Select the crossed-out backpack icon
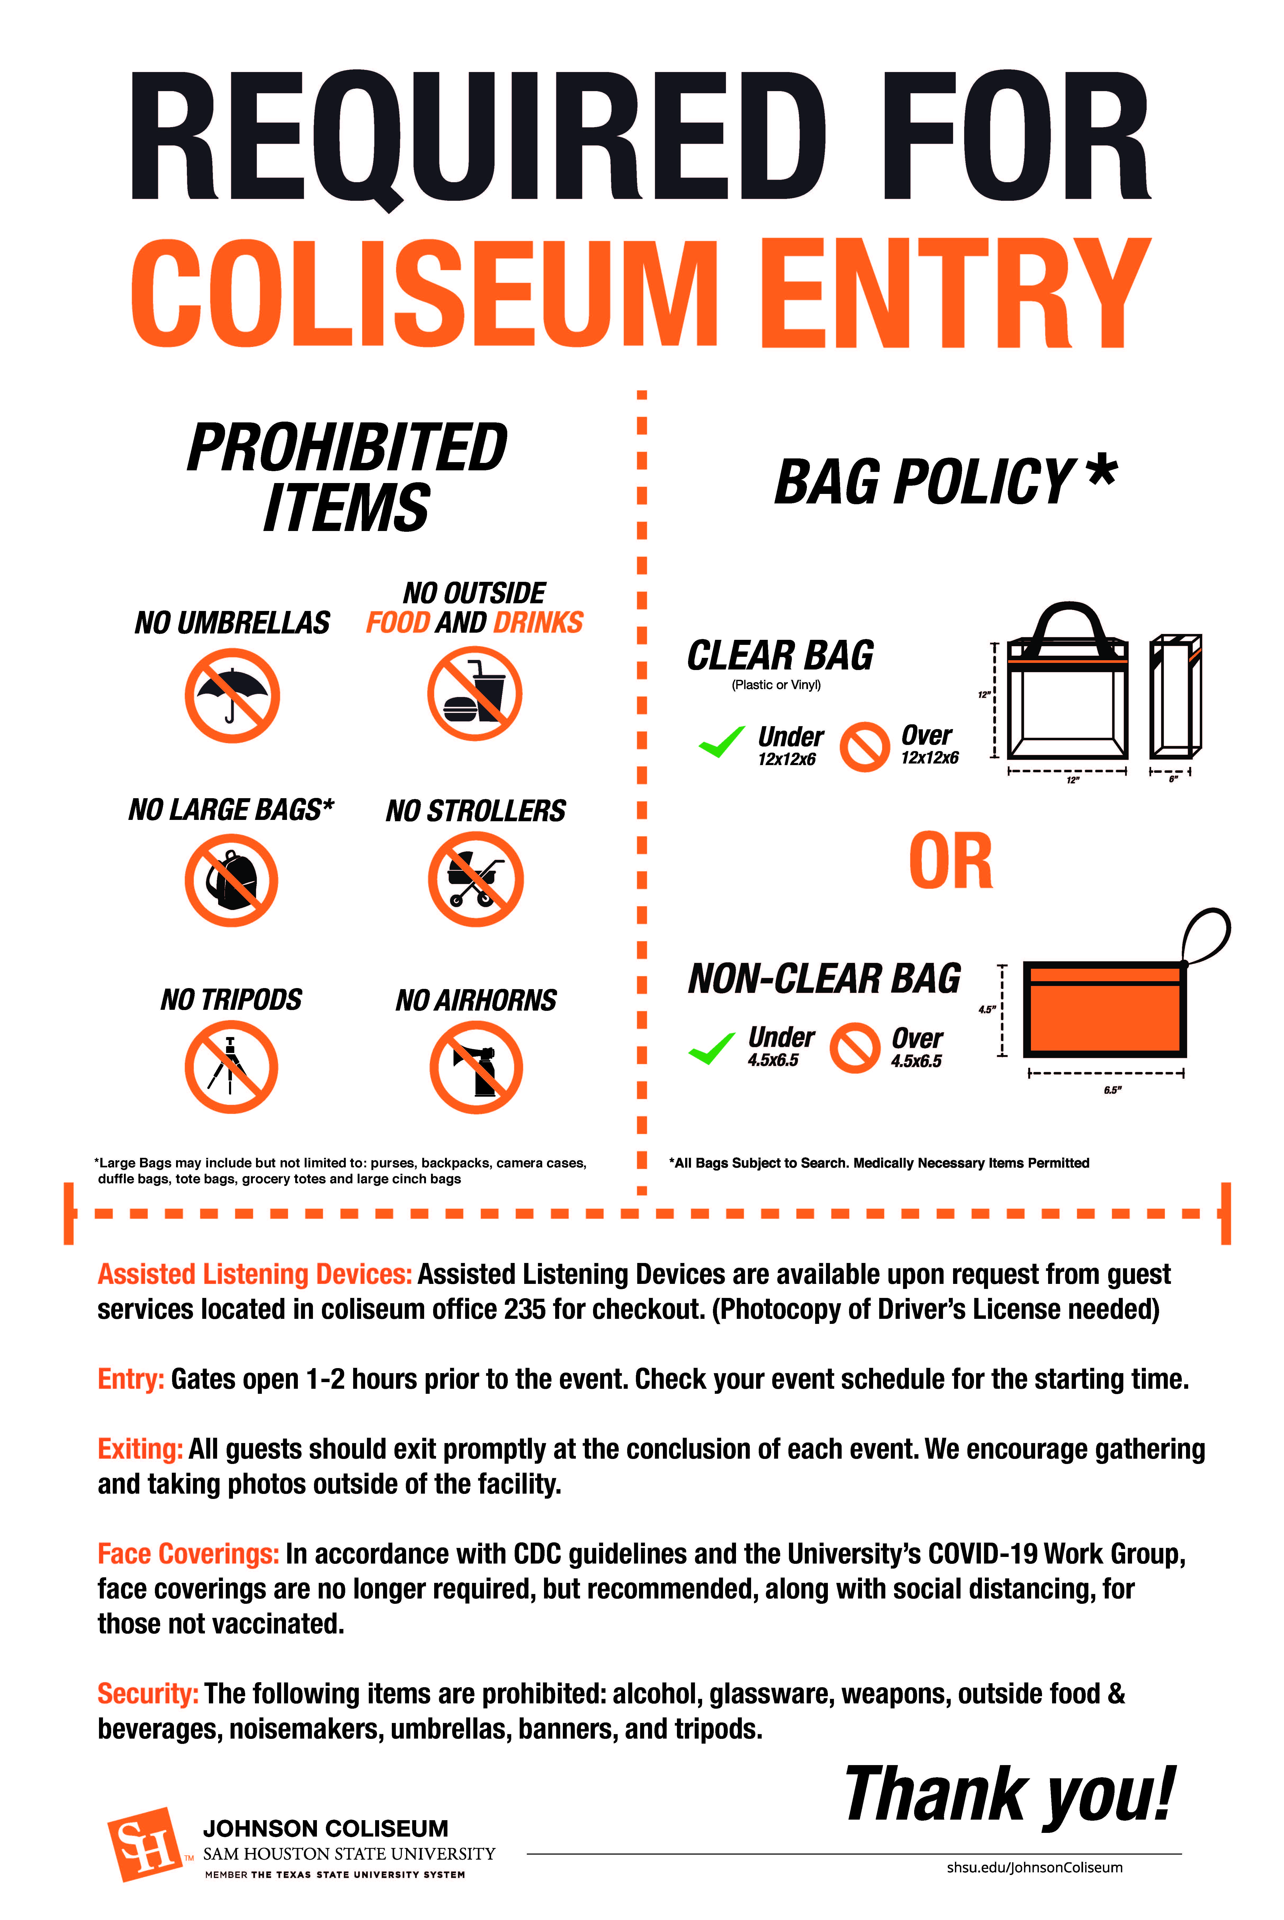232,881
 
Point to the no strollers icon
475,879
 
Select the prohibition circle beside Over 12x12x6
864,746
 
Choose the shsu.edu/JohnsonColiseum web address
1034,1867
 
